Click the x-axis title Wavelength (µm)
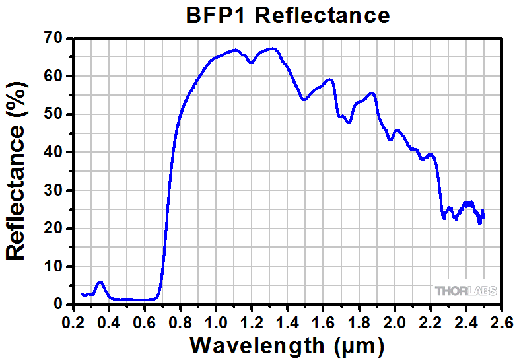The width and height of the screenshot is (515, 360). [287, 345]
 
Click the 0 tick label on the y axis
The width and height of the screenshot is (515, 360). [57, 305]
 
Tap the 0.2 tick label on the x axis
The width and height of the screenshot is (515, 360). [73, 322]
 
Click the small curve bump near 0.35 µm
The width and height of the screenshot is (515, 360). [100, 282]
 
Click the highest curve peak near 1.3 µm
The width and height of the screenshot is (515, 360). [272, 48]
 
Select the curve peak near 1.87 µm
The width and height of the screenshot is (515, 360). [372, 92]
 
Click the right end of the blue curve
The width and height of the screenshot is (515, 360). [484, 213]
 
